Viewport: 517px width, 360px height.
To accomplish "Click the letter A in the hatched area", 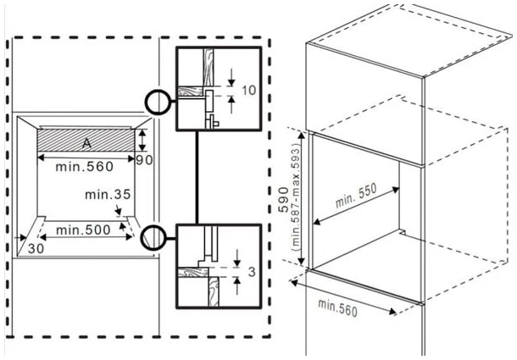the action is point(86,143).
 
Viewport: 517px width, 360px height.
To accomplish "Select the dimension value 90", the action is point(144,160).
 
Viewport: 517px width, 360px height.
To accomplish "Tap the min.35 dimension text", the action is point(108,195).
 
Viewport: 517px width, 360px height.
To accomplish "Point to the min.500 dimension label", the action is point(83,230).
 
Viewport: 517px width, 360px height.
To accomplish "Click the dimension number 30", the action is point(36,248).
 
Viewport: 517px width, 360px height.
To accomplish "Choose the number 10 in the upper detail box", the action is point(249,90).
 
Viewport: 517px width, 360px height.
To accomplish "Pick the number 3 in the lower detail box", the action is point(252,272).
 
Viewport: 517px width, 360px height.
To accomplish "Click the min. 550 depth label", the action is point(356,195).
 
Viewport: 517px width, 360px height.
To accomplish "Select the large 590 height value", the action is point(284,199).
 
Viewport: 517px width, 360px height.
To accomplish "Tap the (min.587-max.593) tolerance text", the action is point(296,199).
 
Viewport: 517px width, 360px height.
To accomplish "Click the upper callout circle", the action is point(158,102).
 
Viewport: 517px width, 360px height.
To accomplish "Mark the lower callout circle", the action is point(153,238).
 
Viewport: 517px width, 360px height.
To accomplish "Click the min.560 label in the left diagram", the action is point(85,167).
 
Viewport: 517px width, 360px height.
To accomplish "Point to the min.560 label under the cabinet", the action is point(337,308).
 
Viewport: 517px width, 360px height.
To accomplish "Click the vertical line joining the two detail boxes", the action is point(197,177).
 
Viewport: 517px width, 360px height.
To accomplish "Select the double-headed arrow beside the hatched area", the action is point(142,140).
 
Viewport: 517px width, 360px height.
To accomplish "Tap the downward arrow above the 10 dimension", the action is point(231,77).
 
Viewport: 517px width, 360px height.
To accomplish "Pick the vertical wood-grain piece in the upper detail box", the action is point(208,68).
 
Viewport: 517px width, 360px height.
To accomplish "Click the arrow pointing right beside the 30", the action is point(21,238).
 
